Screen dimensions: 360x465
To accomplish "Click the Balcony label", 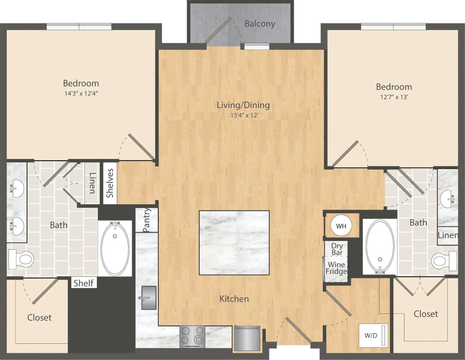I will tap(259, 24).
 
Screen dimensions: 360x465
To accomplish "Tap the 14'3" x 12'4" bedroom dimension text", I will tap(81, 93).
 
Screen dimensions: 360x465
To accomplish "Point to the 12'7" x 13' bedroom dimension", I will tap(394, 97).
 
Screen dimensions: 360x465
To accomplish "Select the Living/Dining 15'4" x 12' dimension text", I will tap(243, 116).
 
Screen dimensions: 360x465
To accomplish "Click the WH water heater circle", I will tap(341, 226).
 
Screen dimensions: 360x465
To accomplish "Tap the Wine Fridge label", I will tap(336, 268).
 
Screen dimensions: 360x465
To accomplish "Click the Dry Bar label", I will tap(337, 249).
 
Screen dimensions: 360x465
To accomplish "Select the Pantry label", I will tap(147, 220).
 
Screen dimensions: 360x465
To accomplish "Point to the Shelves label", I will tap(110, 183).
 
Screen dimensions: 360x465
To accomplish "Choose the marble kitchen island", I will tap(234, 243).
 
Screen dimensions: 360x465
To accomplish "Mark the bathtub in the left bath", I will tap(115, 248).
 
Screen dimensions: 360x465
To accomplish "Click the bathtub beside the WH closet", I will tap(380, 246).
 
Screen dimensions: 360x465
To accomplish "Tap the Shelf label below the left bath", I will tap(83, 283).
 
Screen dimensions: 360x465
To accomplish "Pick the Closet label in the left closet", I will tap(39, 317).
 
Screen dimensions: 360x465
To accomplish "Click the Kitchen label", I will tap(234, 299).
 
